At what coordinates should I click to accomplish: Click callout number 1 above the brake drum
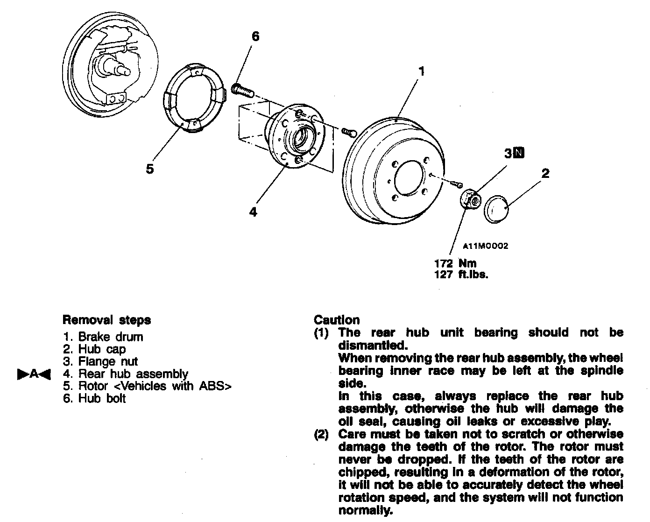point(421,71)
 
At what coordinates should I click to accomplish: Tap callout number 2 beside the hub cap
point(545,174)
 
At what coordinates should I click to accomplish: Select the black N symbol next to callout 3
point(519,153)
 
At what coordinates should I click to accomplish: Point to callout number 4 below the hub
point(253,212)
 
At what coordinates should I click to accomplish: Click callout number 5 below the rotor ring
point(149,169)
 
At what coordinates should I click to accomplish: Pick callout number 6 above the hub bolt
point(255,36)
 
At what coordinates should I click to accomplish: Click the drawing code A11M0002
point(486,246)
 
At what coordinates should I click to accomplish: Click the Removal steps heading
point(106,320)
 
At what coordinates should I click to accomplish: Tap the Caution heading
point(337,320)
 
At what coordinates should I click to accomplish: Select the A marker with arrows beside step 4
point(34,374)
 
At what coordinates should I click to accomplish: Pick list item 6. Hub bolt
point(95,399)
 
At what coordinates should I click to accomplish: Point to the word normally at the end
point(365,510)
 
